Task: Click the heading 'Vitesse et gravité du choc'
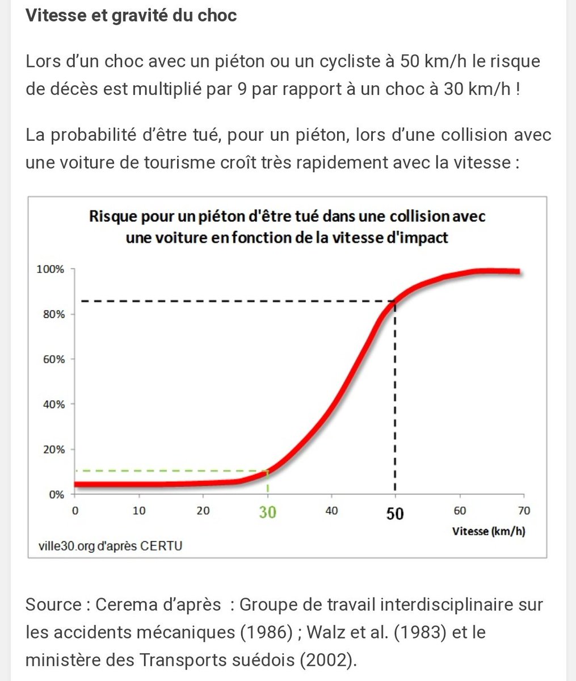point(131,15)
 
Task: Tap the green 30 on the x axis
point(267,512)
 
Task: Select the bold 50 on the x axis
point(395,513)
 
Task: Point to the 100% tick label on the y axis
point(51,269)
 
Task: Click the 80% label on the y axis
point(54,314)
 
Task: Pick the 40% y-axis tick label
point(54,404)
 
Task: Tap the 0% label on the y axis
point(56,494)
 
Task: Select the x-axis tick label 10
point(139,511)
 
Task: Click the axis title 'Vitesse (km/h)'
point(489,532)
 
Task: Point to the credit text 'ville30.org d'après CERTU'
point(111,546)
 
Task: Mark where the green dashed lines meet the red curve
point(267,470)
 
